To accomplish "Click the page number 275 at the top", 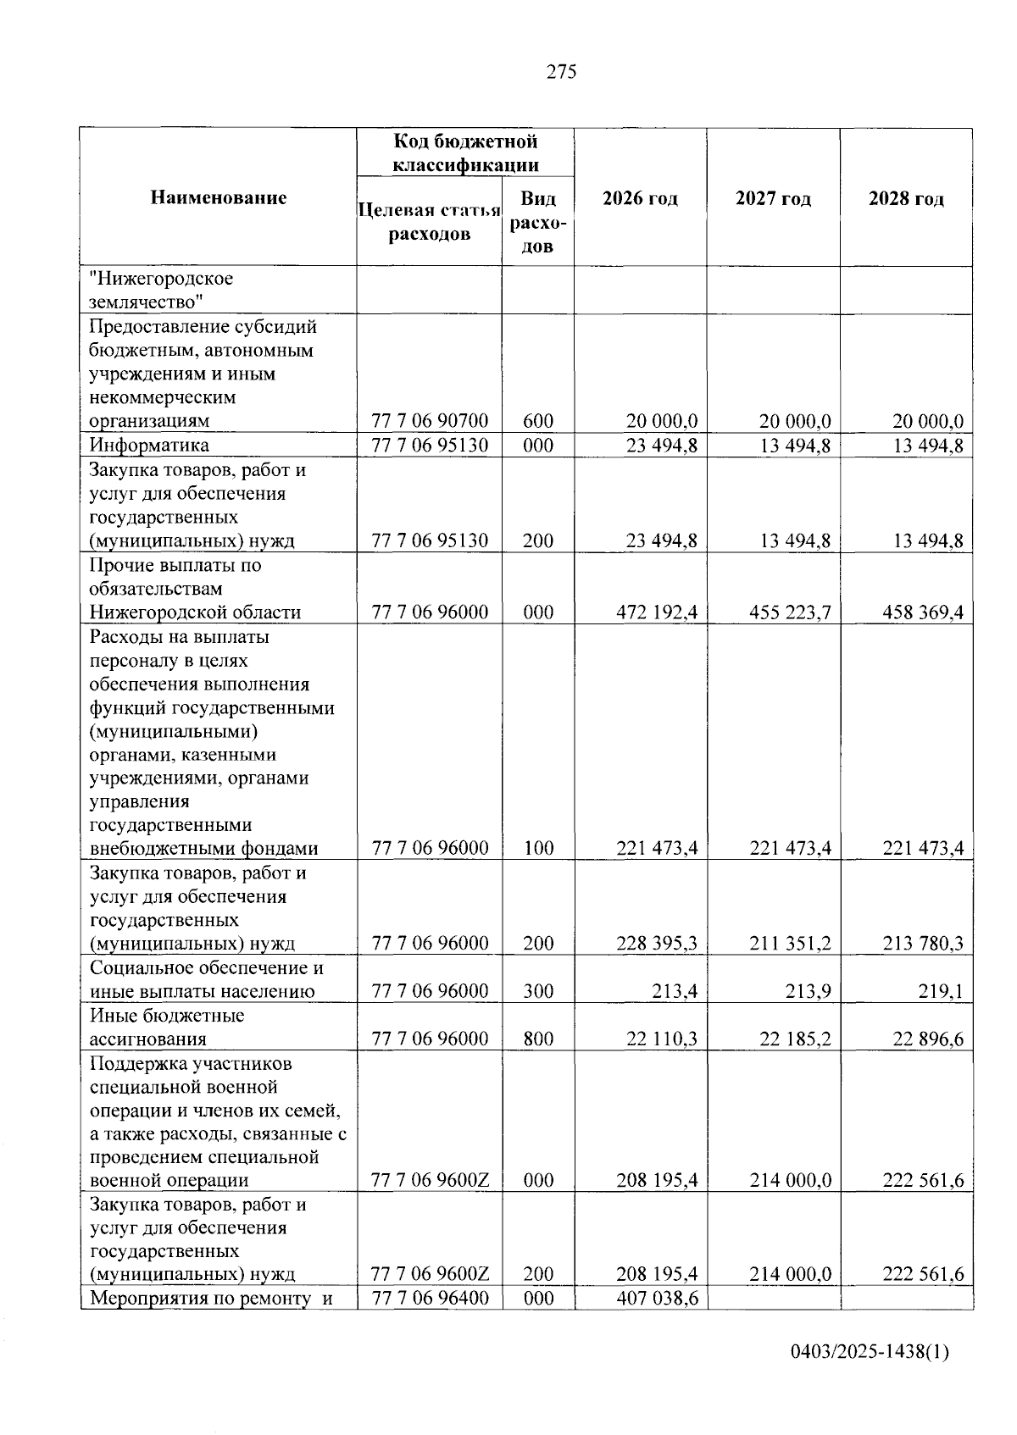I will pos(561,72).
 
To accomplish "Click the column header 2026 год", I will pos(640,198).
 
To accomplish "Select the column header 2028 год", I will pos(906,198).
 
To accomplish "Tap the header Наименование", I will pos(219,197).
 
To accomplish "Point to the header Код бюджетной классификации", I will pos(465,152).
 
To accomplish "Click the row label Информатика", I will pos(150,446).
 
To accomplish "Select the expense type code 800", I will pos(538,1039).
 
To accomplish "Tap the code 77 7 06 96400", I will pos(430,1298).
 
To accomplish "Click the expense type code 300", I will pos(538,992).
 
